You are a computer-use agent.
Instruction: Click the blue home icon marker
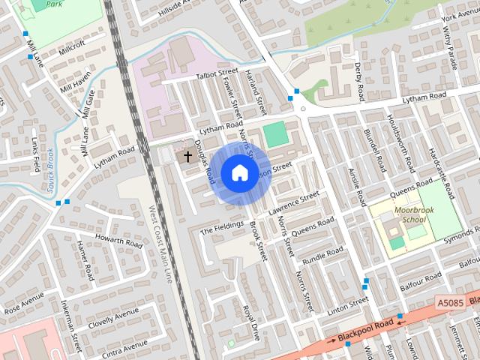pos(239,173)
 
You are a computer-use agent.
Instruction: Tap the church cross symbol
pos(187,157)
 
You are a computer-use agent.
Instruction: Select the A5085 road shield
pos(449,303)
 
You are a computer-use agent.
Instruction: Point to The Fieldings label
pos(222,228)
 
